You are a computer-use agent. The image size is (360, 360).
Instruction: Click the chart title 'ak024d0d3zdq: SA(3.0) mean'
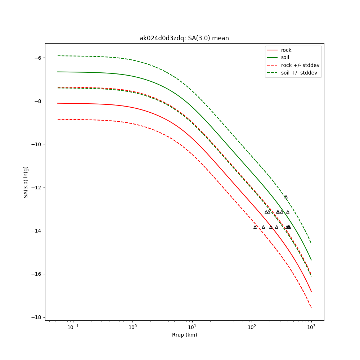184,38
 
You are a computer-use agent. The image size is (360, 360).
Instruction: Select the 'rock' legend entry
286,50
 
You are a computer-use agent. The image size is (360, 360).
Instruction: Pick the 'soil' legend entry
285,58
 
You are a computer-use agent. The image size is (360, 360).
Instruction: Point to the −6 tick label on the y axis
38,58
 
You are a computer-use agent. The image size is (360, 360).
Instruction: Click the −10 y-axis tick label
36,144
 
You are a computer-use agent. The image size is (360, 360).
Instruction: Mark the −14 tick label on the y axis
36,231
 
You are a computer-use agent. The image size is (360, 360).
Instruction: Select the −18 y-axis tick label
36,317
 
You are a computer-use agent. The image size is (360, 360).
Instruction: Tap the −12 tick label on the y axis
36,188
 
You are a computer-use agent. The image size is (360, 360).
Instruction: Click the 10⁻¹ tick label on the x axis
73,327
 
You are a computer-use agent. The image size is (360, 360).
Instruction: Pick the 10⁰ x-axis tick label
133,327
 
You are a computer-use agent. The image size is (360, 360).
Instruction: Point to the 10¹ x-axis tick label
192,327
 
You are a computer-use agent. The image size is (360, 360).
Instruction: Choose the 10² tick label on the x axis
252,327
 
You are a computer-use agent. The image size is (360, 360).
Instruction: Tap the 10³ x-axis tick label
311,327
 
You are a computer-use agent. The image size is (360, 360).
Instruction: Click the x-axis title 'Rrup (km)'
184,335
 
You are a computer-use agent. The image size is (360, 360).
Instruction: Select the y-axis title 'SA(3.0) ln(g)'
26,182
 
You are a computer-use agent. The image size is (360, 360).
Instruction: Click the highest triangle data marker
286,197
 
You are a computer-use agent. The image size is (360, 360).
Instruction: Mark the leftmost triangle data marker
255,227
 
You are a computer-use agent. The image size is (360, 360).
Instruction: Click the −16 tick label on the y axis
36,274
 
